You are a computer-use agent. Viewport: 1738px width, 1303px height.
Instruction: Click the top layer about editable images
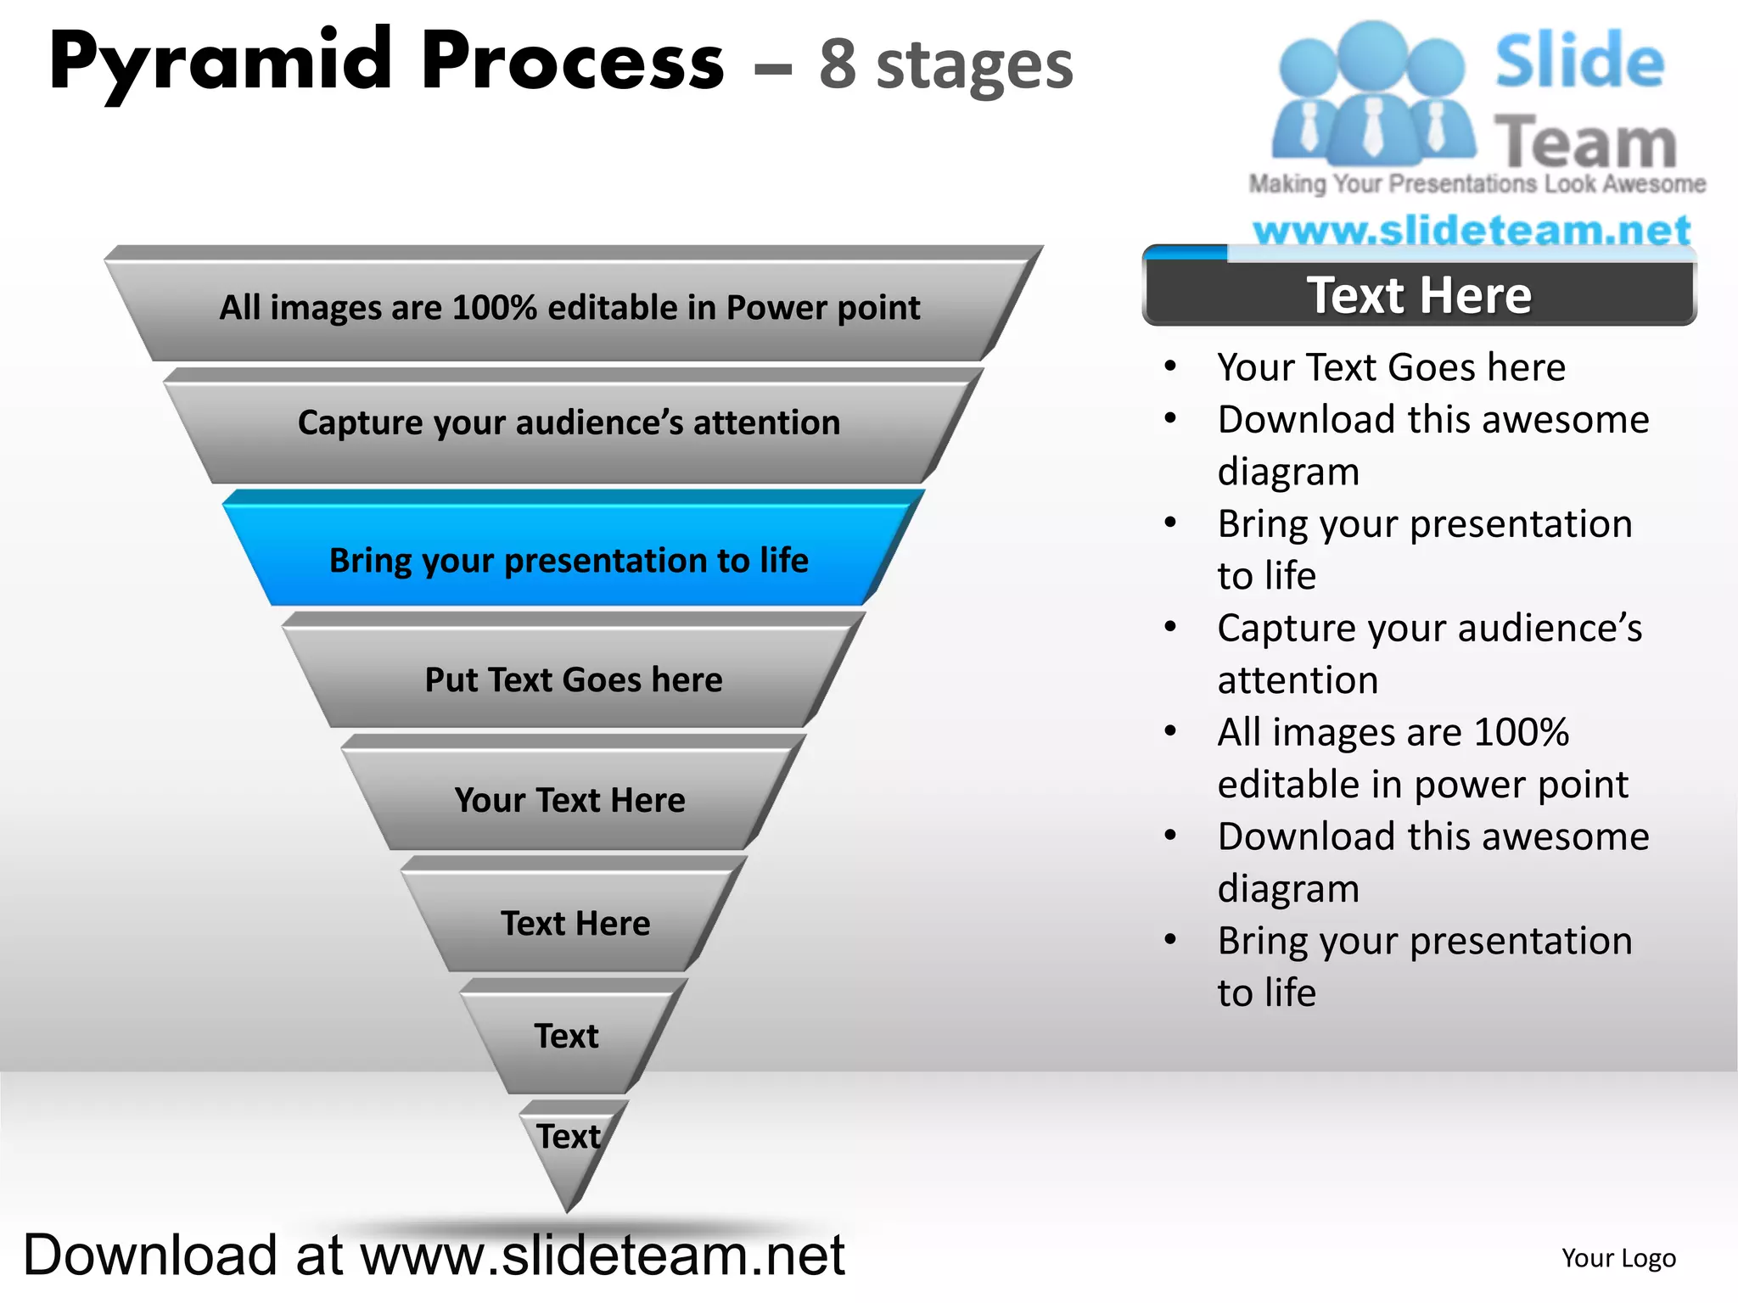coord(569,307)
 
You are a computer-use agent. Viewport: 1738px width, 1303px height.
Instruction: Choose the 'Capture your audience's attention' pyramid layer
coord(569,422)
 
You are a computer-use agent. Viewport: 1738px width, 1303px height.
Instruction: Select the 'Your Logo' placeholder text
coord(1618,1258)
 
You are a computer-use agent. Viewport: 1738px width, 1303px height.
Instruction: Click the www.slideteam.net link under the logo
coord(1472,230)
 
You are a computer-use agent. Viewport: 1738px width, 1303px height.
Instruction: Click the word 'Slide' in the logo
coord(1579,61)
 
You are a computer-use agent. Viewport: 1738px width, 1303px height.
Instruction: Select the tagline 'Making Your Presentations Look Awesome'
coord(1477,183)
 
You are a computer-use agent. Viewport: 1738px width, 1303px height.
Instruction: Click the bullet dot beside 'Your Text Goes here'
coord(1170,366)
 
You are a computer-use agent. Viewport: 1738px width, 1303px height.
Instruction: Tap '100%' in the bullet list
coord(1521,732)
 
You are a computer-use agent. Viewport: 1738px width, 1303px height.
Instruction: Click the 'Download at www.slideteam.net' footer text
coord(434,1255)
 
